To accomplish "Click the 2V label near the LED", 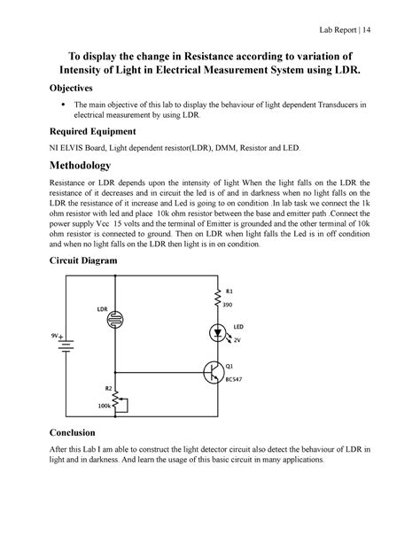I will [x=237, y=340].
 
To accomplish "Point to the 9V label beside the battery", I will [x=55, y=337].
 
